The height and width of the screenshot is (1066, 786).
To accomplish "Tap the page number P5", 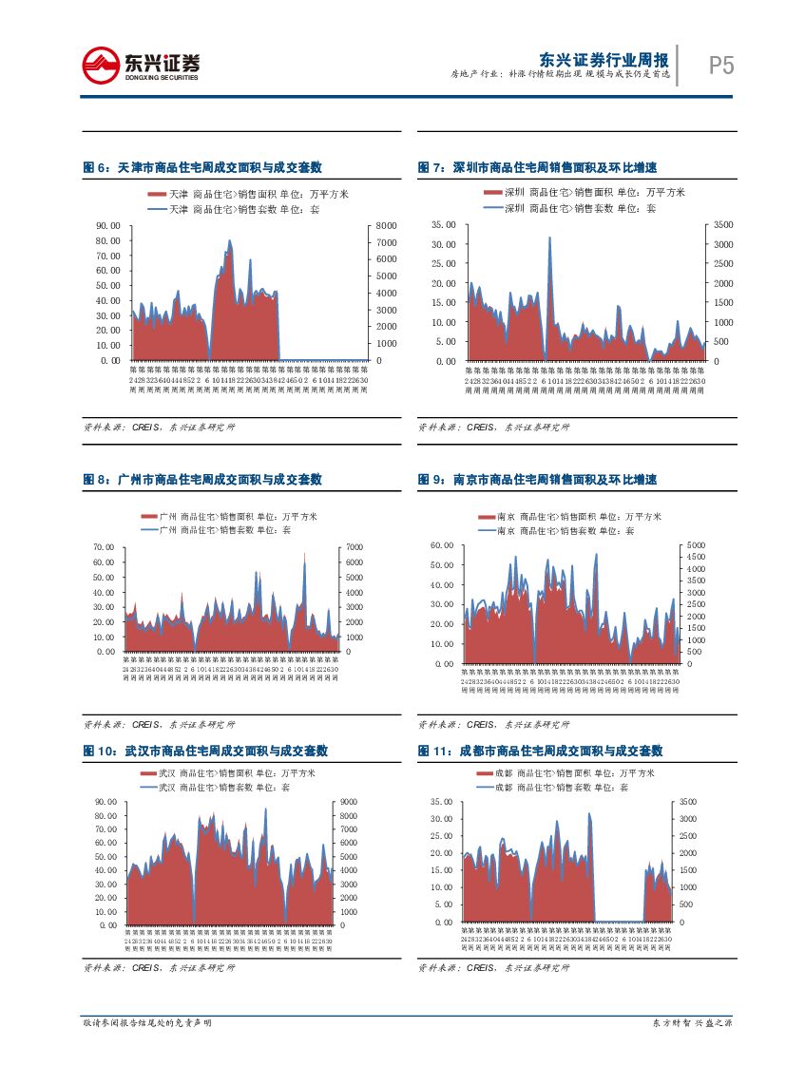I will pyautogui.click(x=721, y=66).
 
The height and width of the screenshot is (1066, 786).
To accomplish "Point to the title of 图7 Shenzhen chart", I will pyautogui.click(x=538, y=168).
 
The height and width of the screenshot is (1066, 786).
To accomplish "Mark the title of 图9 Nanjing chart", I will pyautogui.click(x=538, y=481).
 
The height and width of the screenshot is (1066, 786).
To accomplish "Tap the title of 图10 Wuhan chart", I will pyautogui.click(x=205, y=751).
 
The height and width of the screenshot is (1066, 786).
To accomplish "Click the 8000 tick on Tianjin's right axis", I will pyautogui.click(x=385, y=225).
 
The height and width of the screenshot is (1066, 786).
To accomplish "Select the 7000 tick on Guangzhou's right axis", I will pyautogui.click(x=354, y=548).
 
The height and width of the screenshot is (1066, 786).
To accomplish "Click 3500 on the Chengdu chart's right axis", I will pyautogui.click(x=687, y=803).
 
